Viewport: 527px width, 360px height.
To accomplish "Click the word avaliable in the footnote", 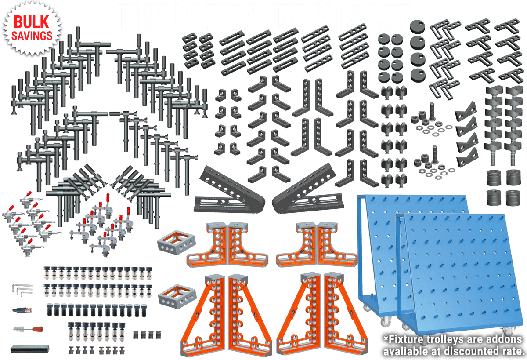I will pyautogui.click(x=407, y=352).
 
